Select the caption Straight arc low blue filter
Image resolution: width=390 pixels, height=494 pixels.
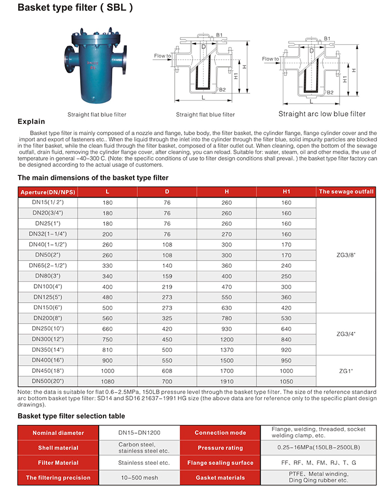tap(322, 114)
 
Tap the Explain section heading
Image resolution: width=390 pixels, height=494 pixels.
tap(31, 122)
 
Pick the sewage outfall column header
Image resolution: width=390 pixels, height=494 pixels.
tap(346, 192)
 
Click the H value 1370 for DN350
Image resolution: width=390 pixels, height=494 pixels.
tap(227, 349)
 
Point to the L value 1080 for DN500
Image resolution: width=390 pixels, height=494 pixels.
tap(108, 381)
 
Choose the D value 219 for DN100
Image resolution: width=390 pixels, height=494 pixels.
tap(167, 287)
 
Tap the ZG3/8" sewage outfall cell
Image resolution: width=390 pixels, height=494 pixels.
tap(346, 255)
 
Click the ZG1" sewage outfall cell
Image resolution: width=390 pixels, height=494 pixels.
tap(346, 370)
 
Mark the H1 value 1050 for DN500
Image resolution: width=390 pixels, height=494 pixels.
tap(287, 381)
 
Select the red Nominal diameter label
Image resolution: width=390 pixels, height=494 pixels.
tap(58, 433)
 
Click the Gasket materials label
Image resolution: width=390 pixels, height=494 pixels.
tap(220, 477)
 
